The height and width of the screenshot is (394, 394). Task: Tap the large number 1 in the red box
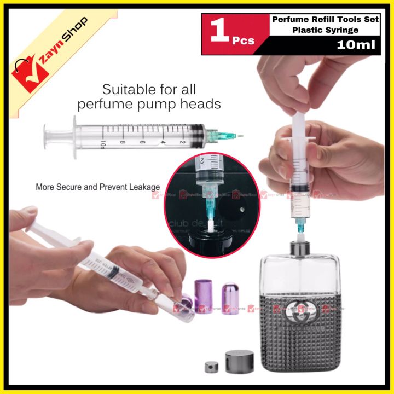219,34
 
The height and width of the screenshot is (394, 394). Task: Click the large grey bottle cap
236,362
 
